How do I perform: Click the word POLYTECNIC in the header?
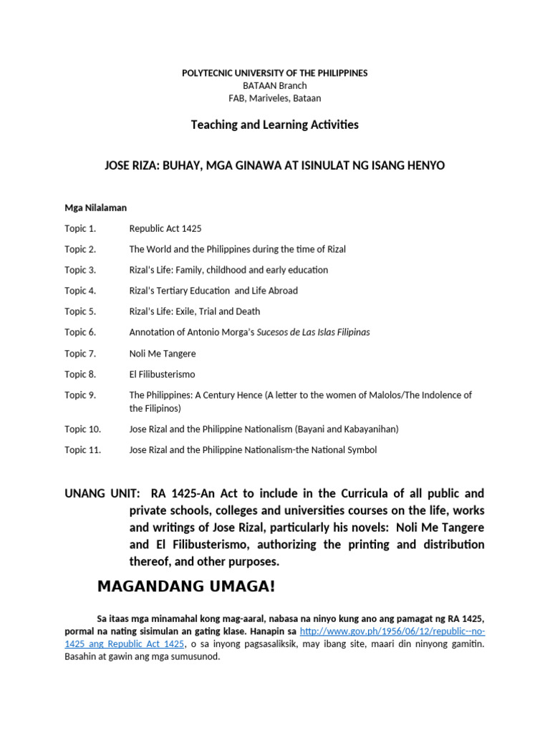click(208, 73)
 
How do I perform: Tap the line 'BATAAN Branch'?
click(274, 85)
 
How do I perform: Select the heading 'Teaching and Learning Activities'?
click(274, 125)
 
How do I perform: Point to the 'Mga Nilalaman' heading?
click(95, 208)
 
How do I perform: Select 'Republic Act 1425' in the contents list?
click(165, 228)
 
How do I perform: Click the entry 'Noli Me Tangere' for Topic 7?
click(162, 354)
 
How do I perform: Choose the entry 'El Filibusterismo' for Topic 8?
click(162, 374)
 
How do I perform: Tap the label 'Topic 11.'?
click(82, 450)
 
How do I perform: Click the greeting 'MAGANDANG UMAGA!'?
click(186, 587)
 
